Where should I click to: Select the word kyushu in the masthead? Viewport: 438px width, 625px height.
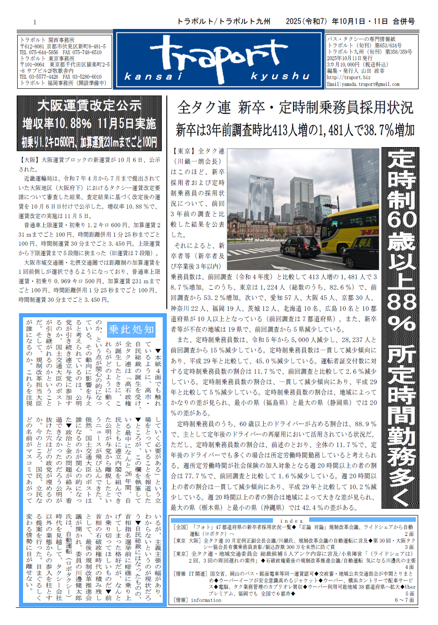click(x=280, y=76)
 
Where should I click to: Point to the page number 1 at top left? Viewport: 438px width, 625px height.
click(x=35, y=22)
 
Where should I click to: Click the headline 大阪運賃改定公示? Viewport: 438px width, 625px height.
click(x=89, y=106)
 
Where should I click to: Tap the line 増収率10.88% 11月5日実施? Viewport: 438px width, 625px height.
click(x=89, y=124)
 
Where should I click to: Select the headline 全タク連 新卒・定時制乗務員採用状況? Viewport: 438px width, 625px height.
click(x=295, y=108)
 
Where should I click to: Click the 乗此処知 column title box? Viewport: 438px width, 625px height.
click(x=131, y=329)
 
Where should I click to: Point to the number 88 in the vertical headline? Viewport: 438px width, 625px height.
click(x=401, y=301)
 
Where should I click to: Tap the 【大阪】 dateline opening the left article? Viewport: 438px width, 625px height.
click(x=29, y=160)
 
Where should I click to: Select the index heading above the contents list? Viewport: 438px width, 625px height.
click(x=292, y=521)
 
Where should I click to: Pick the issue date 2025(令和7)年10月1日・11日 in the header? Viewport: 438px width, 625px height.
click(x=337, y=21)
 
